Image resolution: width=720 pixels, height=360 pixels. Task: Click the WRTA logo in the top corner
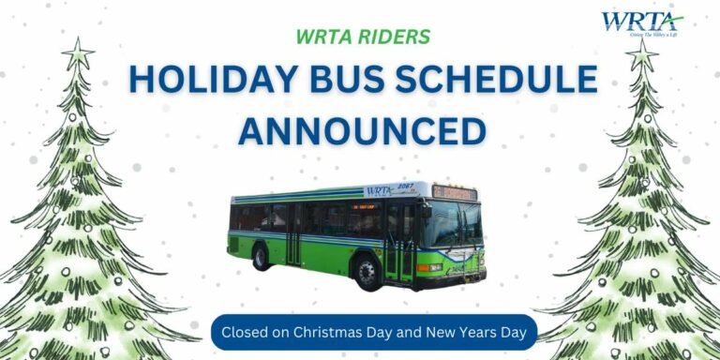pos(641,22)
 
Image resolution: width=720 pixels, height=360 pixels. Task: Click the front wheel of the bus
pos(367,271)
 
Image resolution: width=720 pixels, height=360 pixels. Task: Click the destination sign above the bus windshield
pos(453,193)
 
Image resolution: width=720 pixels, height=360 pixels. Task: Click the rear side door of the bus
pos(294,233)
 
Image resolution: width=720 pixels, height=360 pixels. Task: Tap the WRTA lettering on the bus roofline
pos(379,191)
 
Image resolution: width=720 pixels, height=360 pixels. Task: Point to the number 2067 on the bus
pos(407,188)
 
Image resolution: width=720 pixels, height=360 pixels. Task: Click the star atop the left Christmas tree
pos(77,53)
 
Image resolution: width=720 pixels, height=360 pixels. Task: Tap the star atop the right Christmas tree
pos(642,56)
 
